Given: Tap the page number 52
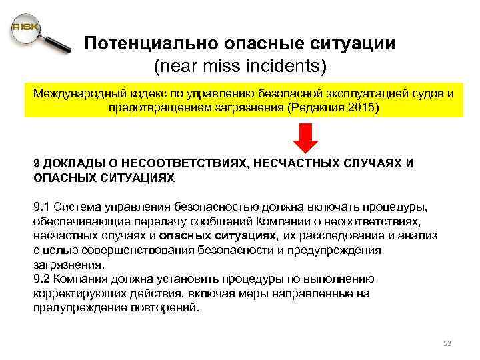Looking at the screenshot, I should point(447,343).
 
